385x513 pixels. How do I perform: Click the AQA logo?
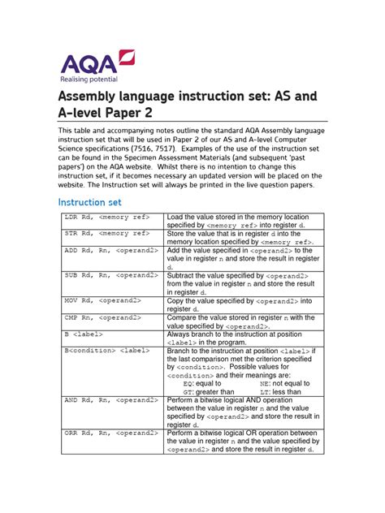94,62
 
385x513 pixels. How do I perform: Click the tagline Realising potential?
89,80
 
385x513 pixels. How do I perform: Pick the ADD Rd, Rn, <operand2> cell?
111,251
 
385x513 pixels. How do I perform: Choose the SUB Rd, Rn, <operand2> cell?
111,276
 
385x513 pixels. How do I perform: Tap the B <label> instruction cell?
84,334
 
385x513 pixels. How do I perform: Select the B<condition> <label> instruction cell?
102,351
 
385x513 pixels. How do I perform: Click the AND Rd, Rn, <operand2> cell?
111,400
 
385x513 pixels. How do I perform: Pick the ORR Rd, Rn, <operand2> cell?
111,433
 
